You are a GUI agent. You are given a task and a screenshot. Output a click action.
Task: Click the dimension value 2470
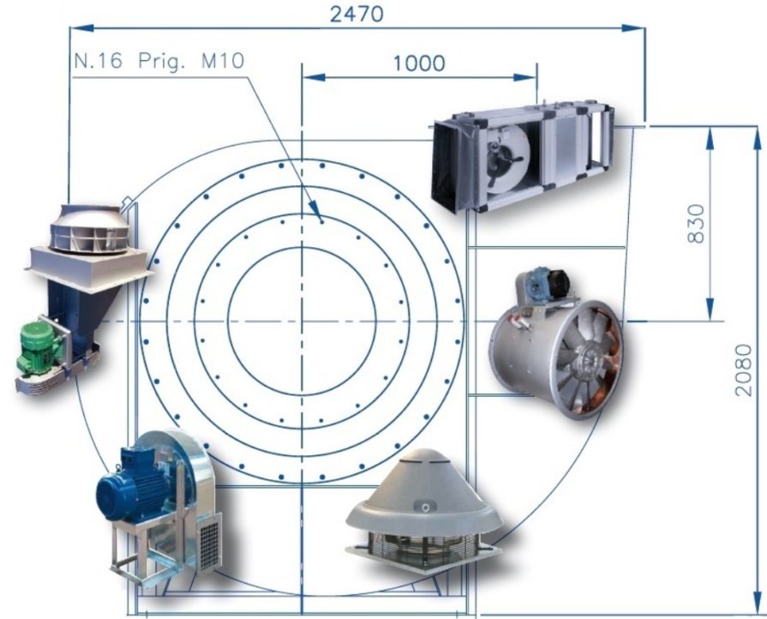(357, 15)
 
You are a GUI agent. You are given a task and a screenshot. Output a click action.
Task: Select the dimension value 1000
(419, 63)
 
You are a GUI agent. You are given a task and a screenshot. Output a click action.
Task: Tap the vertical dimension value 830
(697, 224)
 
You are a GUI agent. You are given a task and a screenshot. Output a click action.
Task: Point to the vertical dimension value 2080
(744, 370)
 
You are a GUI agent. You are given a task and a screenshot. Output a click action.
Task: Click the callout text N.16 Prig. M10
(159, 61)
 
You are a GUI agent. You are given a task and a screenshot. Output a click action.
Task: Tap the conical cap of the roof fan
(425, 493)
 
